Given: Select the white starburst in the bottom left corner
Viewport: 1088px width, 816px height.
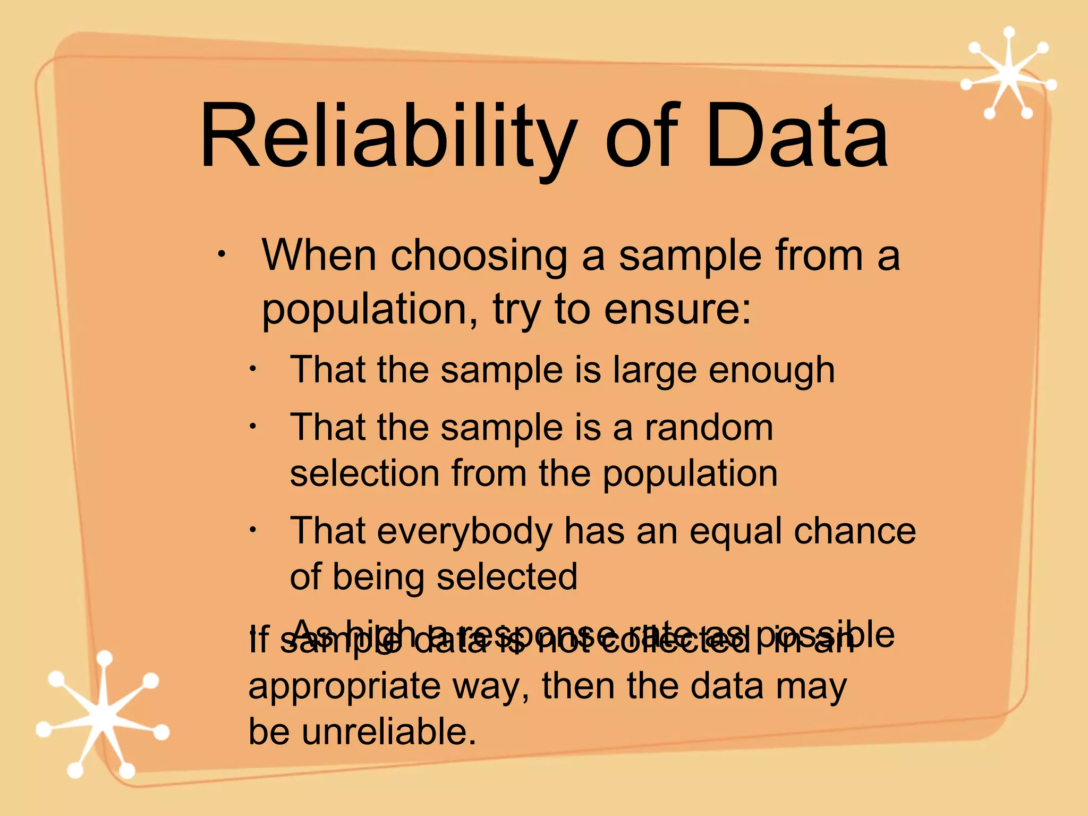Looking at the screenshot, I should point(104,715).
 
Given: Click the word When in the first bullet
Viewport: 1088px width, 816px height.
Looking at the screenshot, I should point(319,256).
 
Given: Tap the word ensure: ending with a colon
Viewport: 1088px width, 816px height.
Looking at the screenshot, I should point(678,309).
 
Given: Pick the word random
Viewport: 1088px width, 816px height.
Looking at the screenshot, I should point(709,427).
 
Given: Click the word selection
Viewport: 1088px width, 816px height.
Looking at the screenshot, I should point(364,473).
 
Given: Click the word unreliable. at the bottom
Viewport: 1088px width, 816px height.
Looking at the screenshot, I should point(388,732).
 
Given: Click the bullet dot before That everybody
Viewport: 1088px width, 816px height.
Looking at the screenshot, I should point(253,530).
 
